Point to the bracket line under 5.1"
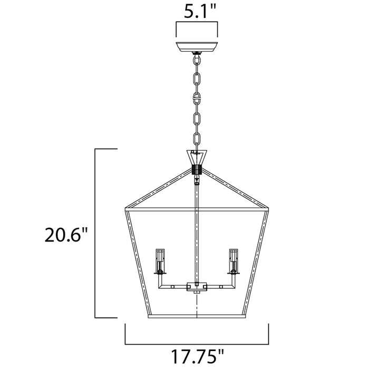pos(197,24)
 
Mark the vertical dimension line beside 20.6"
pos(95,233)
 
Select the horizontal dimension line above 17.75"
pos(197,340)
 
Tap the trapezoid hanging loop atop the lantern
pos(197,158)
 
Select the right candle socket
pos(232,260)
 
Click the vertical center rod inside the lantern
pos(197,232)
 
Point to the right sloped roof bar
pos(236,189)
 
